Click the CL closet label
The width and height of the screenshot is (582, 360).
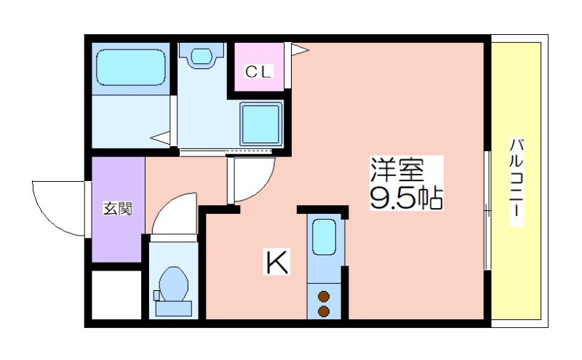259,71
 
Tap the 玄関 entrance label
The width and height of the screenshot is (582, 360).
118,209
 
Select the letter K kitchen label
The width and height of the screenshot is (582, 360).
276,262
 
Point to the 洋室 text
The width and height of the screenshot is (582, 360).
397,169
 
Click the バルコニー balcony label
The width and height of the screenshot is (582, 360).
517,182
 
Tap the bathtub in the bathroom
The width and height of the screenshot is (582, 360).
131,68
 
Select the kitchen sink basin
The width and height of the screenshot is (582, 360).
324,237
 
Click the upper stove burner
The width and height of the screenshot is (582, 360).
324,297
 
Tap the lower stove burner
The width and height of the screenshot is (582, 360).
324,311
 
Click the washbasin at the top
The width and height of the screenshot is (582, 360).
202,55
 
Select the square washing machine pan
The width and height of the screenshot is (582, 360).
260,124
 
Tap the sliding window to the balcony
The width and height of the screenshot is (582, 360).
487,210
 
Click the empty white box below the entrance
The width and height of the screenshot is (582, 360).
116,295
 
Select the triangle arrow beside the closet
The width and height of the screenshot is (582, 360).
299,49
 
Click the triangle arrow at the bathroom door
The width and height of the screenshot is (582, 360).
160,137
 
